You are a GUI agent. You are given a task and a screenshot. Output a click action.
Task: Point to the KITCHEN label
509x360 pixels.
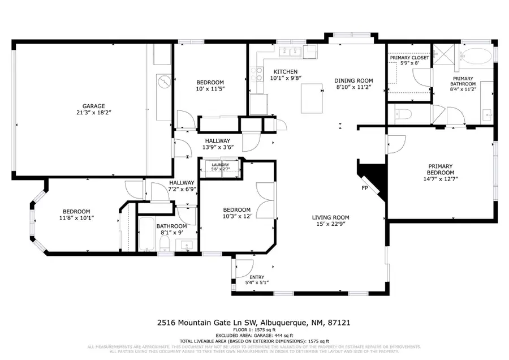click(x=285, y=72)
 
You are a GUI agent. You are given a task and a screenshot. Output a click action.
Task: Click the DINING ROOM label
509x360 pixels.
click(x=353, y=80)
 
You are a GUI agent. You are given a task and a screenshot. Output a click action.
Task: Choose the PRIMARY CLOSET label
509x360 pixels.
click(x=409, y=58)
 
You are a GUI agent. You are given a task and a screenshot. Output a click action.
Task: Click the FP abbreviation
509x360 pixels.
click(x=365, y=188)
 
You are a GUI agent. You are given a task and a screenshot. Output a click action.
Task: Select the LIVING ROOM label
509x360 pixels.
click(x=331, y=217)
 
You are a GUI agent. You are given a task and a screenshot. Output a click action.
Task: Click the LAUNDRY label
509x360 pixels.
click(x=220, y=165)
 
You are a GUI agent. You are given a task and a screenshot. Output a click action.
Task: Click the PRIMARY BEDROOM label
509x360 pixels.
click(x=440, y=169)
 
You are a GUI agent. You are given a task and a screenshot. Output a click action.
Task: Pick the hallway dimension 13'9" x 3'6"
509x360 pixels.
click(x=217, y=147)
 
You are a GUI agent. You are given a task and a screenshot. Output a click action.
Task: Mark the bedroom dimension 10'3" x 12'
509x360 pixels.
click(x=236, y=216)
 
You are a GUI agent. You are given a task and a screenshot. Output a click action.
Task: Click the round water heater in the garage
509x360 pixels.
click(x=163, y=83)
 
